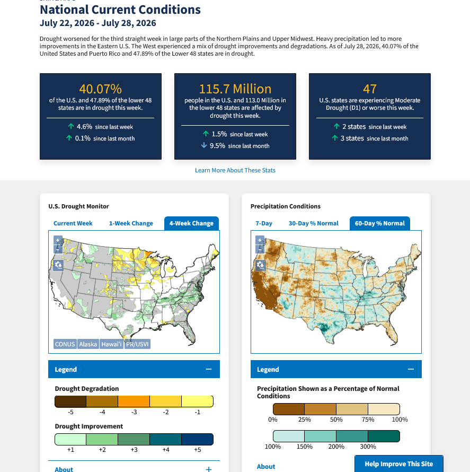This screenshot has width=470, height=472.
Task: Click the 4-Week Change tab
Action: [191, 223]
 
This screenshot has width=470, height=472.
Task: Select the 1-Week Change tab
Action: [131, 223]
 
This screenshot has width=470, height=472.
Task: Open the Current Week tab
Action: [73, 223]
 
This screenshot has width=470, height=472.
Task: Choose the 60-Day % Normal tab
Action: [379, 223]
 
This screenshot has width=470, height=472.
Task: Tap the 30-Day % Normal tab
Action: [313, 223]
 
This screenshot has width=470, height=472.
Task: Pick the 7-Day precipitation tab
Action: [264, 223]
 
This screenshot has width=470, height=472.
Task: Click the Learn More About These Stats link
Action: [235, 170]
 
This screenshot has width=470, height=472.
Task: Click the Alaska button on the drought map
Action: [88, 344]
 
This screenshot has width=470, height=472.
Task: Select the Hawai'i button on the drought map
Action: [111, 344]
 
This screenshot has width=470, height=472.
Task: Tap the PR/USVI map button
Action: [137, 344]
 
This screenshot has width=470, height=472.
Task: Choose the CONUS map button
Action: [65, 344]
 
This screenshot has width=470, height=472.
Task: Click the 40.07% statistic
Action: [101, 89]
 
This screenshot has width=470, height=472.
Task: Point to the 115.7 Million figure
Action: [235, 89]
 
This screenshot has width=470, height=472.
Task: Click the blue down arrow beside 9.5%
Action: [204, 145]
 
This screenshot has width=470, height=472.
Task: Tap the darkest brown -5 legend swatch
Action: [70, 401]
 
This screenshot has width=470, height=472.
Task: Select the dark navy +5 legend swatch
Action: [197, 440]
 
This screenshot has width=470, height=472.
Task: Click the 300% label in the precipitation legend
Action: [368, 447]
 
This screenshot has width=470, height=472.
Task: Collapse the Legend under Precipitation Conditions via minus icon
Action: [411, 369]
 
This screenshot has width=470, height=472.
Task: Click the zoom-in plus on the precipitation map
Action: [260, 240]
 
